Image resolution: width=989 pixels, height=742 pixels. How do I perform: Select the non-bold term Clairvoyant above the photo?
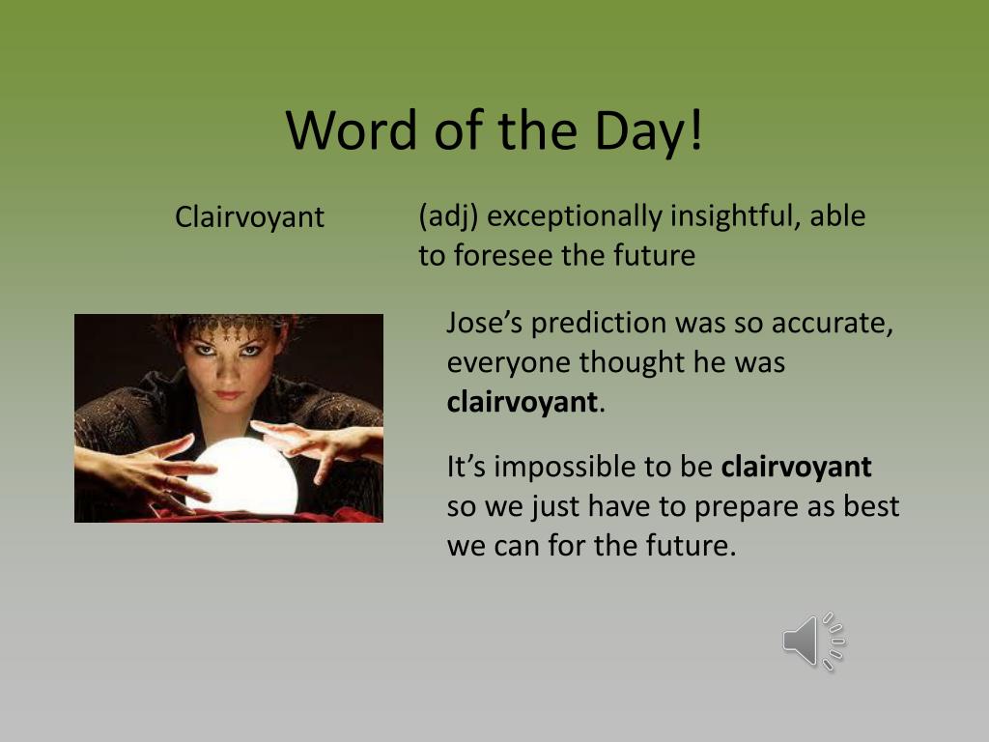249,217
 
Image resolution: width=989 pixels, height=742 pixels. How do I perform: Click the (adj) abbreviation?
448,215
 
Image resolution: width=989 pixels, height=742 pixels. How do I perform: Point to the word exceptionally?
575,215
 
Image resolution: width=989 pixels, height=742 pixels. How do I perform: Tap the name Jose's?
485,322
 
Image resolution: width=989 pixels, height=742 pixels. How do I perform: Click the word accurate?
832,323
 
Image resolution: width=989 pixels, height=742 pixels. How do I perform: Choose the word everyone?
509,363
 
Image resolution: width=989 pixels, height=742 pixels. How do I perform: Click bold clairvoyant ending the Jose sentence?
522,403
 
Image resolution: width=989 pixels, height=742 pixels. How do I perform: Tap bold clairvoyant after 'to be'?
796,467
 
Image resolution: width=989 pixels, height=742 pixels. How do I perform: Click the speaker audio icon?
813,642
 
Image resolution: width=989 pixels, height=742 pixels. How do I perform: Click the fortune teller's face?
227,366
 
